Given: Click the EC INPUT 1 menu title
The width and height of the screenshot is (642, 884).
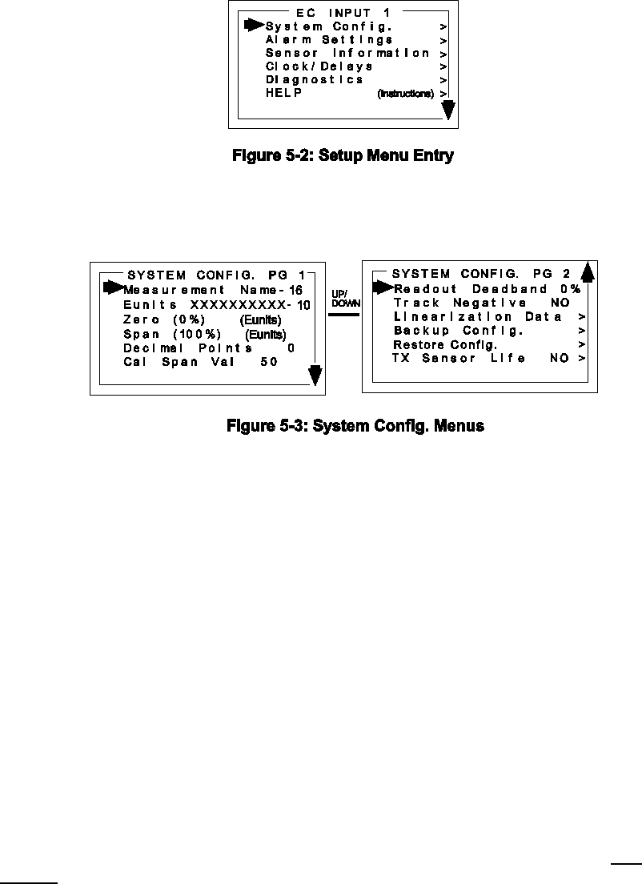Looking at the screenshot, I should pyautogui.click(x=339, y=13).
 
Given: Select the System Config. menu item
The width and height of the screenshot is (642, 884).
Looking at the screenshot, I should pyautogui.click(x=328, y=26).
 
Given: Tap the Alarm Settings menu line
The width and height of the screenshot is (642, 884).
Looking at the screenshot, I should pyautogui.click(x=329, y=40).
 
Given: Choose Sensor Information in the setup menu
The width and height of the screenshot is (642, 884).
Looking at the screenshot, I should pyautogui.click(x=347, y=54).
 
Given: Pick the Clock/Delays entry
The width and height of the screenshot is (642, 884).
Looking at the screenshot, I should pyautogui.click(x=319, y=66).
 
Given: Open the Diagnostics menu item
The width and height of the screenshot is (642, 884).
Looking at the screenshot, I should pyautogui.click(x=315, y=80).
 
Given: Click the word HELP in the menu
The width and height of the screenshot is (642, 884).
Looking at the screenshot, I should pyautogui.click(x=284, y=94).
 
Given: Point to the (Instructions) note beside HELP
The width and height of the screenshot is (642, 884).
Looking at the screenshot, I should pyautogui.click(x=406, y=94).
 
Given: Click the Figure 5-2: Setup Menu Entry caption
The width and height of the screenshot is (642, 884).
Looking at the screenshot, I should pyautogui.click(x=343, y=156).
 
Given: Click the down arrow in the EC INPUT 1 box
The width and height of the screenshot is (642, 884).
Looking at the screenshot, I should pyautogui.click(x=450, y=110).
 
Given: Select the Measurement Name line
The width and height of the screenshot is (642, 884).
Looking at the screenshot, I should pyautogui.click(x=212, y=290).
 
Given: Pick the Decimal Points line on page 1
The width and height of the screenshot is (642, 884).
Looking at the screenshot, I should pyautogui.click(x=209, y=348).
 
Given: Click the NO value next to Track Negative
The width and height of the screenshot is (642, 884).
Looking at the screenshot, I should pyautogui.click(x=560, y=303).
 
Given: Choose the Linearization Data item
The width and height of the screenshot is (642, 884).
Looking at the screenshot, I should pyautogui.click(x=478, y=317).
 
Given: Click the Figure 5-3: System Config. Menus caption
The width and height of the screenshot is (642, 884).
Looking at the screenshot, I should pyautogui.click(x=355, y=427).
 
